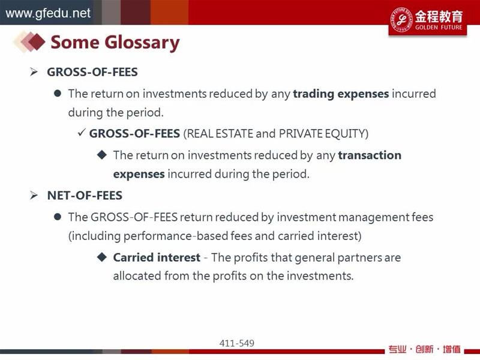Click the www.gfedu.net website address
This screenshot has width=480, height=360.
coord(48,13)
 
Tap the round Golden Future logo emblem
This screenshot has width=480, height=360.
coord(401,20)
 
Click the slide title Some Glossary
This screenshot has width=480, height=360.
coord(115,43)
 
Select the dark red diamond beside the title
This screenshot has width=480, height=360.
coord(37,41)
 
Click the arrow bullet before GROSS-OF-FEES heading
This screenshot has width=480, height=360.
coord(34,72)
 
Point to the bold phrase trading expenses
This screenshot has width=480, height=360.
coord(341,94)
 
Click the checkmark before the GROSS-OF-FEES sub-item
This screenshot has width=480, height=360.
coord(81,133)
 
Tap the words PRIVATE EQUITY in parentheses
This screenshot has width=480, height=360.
coord(323,134)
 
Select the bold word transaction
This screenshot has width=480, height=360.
coord(370,155)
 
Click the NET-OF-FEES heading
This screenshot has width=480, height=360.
coord(85,196)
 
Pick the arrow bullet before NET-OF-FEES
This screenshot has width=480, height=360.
coord(34,196)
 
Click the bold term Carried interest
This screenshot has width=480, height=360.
coord(157,257)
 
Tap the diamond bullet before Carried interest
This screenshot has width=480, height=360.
coord(102,257)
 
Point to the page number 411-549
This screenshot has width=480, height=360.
coord(236,343)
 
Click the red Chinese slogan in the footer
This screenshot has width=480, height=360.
coord(425,349)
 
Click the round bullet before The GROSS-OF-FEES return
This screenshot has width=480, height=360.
coord(57,217)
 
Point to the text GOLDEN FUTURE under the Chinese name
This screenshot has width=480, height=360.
coord(439,27)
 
